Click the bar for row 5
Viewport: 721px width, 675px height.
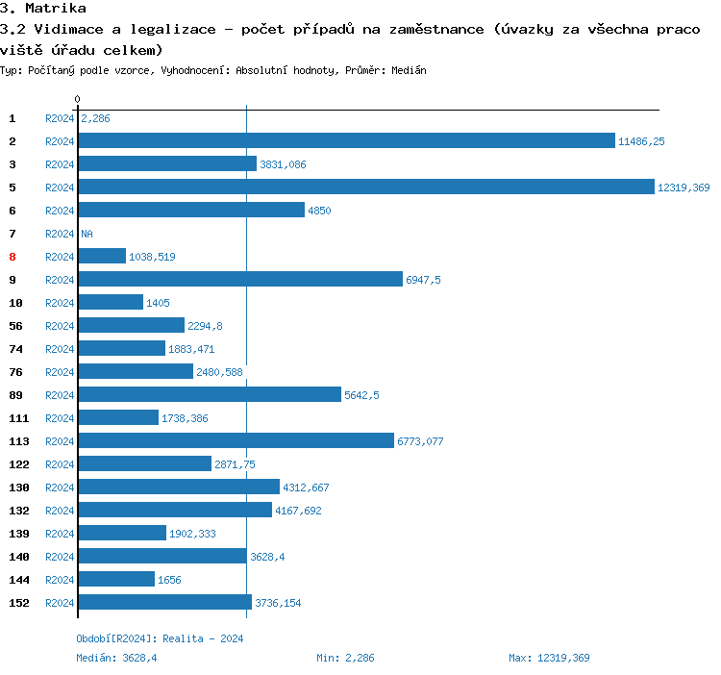pos(365,187)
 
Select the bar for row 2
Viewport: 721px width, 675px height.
pos(346,140)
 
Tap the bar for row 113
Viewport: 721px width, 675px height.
pos(236,440)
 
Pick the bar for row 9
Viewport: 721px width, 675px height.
pos(240,279)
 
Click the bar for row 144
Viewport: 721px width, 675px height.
pos(116,579)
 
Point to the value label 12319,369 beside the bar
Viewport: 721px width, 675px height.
pos(684,187)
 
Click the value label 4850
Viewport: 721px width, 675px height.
pos(319,211)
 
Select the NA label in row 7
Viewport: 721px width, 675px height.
pos(87,234)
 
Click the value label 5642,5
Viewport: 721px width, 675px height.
pos(361,395)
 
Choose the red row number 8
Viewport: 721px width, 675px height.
pos(12,257)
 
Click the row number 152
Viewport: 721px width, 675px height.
pos(19,603)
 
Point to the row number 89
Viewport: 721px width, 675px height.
pos(15,395)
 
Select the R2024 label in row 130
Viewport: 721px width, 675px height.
pos(60,487)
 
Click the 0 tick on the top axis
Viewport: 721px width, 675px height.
pos(77,99)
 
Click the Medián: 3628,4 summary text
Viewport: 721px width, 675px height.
pos(116,658)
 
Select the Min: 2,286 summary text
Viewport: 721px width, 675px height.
pos(345,658)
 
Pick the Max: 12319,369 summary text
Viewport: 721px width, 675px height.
pos(549,658)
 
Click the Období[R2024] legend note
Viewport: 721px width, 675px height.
pos(160,638)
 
